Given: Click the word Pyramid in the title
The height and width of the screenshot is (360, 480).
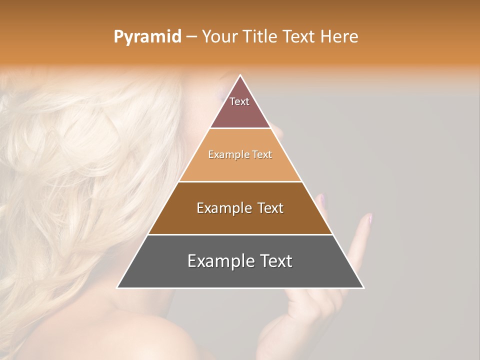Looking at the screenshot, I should coord(147,36).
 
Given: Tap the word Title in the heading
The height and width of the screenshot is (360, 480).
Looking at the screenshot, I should coord(261,36).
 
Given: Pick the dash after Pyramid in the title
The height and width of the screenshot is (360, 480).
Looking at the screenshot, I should coord(191,37).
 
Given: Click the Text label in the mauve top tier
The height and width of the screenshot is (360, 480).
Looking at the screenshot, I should coord(239,101).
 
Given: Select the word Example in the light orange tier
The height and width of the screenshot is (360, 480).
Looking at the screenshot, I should coord(227,154).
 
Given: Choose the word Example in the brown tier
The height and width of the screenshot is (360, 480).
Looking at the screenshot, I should coord(223,208).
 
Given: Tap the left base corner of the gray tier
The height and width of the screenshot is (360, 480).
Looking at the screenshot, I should coord(118,287).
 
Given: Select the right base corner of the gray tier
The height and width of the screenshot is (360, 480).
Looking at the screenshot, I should coord(363,287).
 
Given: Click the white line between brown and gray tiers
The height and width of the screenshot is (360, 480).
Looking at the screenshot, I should coord(240,234).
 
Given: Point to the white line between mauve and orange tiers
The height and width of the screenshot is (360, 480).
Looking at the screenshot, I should coord(240,128).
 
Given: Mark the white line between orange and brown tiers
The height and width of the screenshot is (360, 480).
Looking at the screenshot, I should coord(240,181).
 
